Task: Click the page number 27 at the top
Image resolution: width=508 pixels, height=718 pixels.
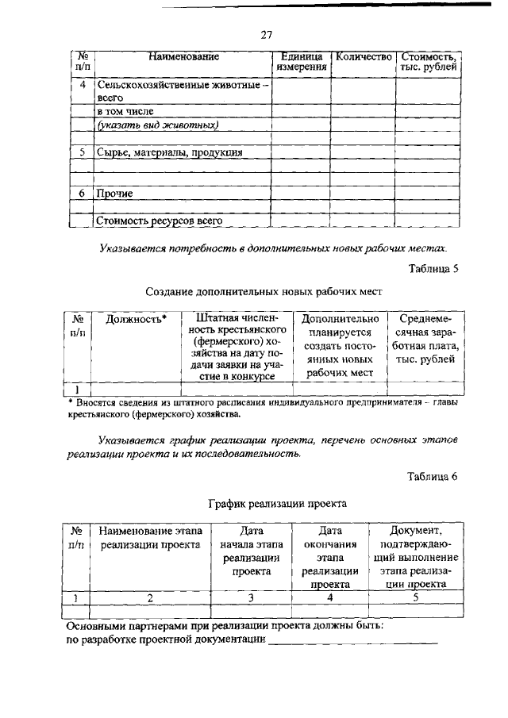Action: (267, 33)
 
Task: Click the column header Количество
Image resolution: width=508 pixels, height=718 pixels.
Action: (364, 57)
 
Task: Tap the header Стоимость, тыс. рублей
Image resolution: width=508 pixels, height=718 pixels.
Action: (429, 63)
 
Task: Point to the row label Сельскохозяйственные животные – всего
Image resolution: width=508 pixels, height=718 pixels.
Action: (183, 90)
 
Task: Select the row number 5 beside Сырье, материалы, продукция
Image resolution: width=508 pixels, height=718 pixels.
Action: (82, 152)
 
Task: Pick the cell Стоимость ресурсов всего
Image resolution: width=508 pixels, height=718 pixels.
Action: (158, 221)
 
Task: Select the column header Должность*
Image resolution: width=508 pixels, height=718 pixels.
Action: (137, 319)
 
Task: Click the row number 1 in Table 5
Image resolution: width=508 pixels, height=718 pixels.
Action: (77, 389)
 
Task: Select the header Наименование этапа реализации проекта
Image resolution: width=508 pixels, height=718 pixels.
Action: (151, 538)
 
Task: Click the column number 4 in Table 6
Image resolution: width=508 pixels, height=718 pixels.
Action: (329, 598)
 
